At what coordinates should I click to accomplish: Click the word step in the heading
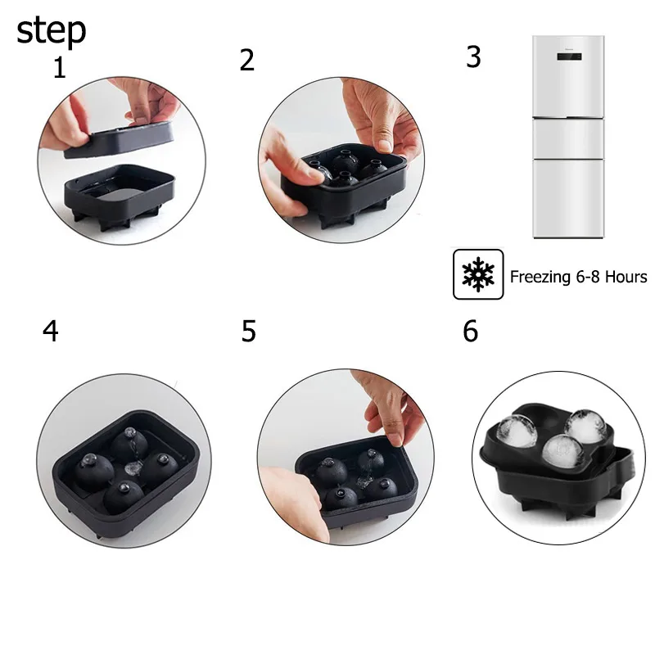(x=51, y=30)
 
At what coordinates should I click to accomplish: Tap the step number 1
(x=60, y=68)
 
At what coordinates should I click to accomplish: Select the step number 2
(x=247, y=60)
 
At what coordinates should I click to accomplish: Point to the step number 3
(x=473, y=56)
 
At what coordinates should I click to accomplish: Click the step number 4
(x=51, y=332)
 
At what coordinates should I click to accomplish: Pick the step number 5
(x=249, y=332)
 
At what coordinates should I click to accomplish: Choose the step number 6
(x=470, y=332)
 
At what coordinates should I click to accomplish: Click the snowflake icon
(x=478, y=274)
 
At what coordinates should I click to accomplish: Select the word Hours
(x=626, y=277)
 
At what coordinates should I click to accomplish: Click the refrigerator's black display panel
(x=569, y=56)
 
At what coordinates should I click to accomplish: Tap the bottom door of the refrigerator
(x=568, y=198)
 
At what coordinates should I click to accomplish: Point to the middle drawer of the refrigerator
(x=568, y=138)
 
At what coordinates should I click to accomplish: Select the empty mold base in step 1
(x=120, y=196)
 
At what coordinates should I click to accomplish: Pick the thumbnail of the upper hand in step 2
(x=385, y=146)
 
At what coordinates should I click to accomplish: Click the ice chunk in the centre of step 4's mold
(x=133, y=468)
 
